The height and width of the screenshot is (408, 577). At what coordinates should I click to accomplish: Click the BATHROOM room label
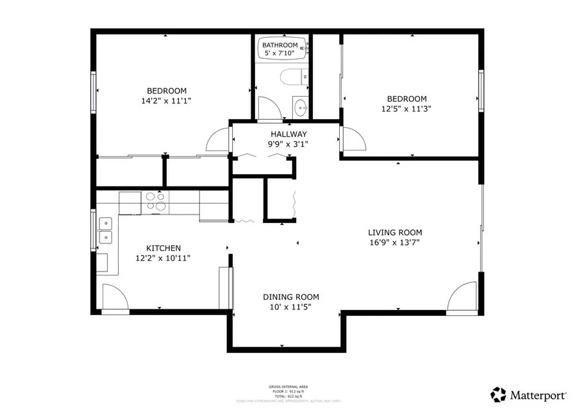[x=280, y=45]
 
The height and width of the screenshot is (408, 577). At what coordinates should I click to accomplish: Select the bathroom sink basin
[x=300, y=106]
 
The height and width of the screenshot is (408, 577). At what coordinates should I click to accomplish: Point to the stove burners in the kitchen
[x=155, y=201]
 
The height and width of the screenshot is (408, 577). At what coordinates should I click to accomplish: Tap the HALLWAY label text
[x=288, y=134]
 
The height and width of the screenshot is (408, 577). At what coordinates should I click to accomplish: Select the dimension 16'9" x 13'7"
[x=394, y=243]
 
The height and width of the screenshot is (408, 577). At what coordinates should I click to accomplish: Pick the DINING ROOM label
[x=290, y=297]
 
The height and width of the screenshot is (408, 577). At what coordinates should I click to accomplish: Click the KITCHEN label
[x=163, y=248]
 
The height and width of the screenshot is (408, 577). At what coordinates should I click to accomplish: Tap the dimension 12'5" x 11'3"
[x=406, y=109]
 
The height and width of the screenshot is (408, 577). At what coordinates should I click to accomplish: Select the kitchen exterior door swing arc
[x=116, y=297]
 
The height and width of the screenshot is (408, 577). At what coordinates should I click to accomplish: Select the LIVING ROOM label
[x=394, y=233]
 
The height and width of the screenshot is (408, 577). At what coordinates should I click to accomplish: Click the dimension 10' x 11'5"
[x=290, y=307]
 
